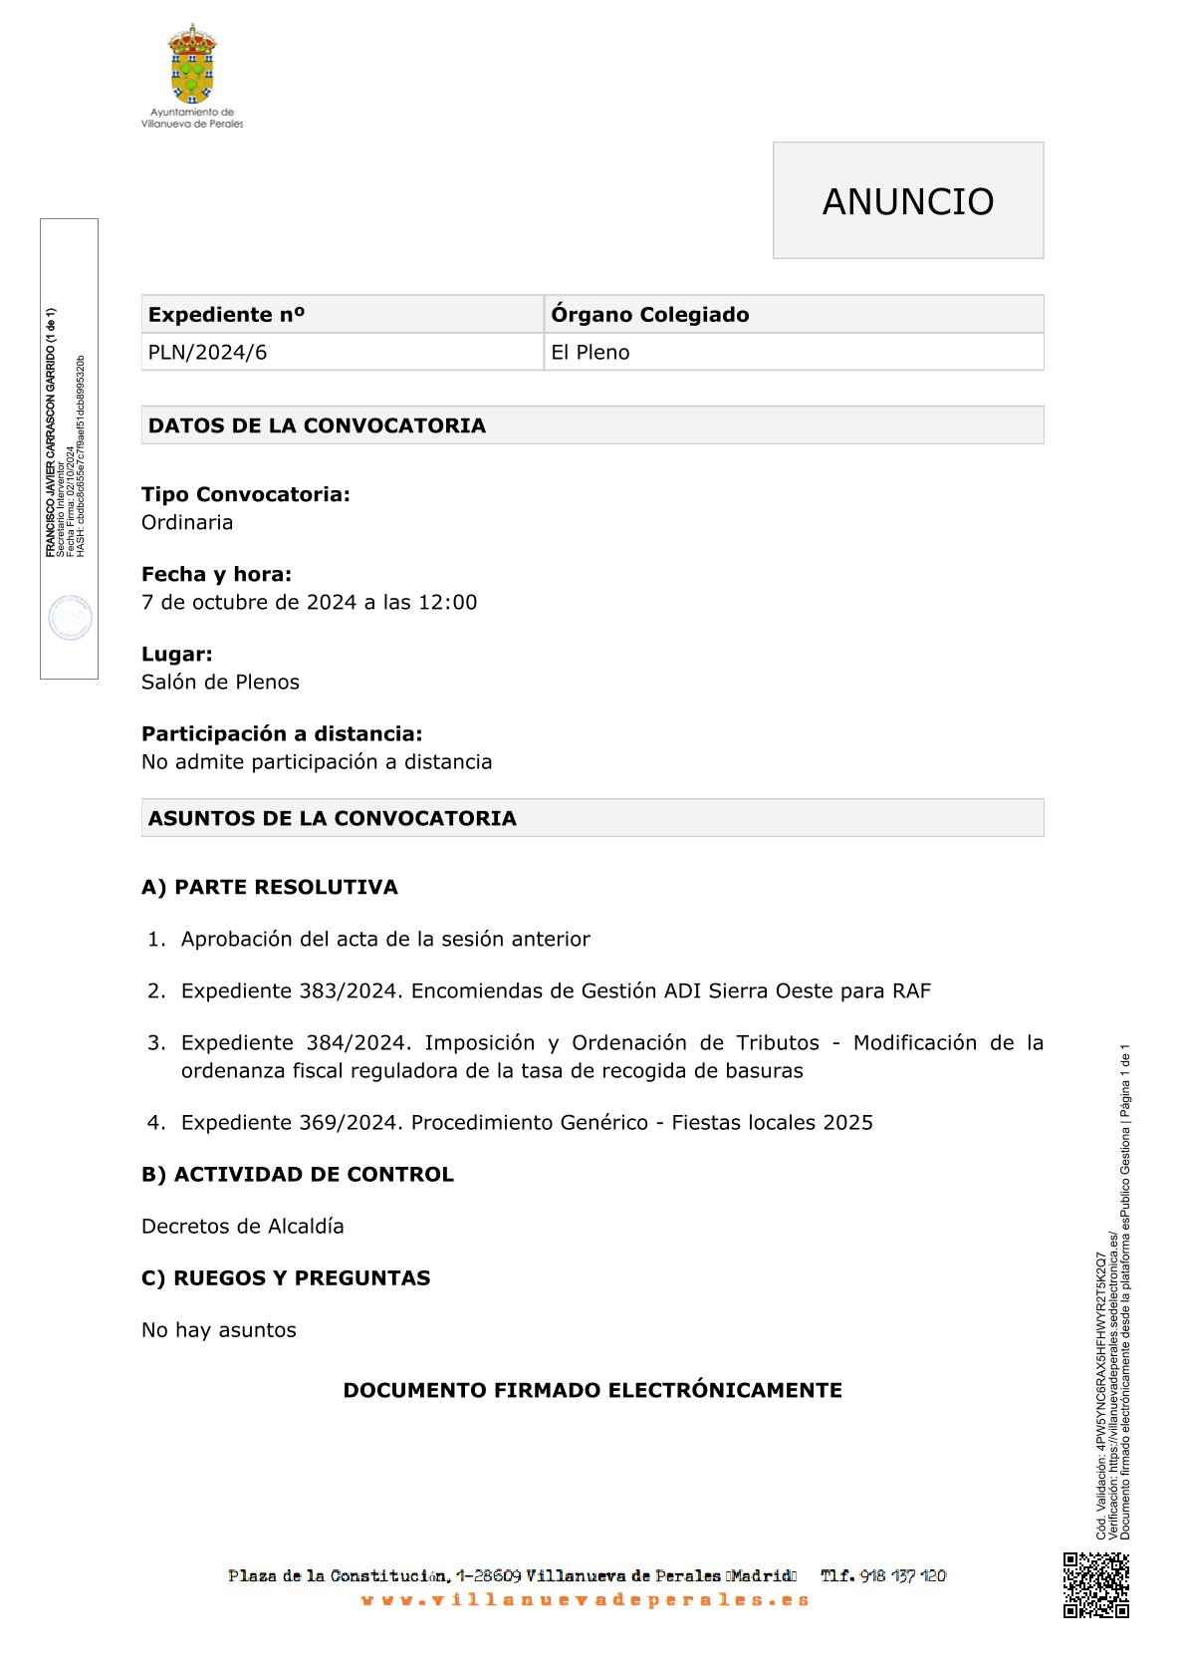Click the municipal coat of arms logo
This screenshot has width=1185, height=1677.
[192, 65]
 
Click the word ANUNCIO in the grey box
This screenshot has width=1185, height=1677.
[907, 201]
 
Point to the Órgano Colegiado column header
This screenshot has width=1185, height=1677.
[649, 315]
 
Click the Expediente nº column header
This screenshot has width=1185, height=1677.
[226, 315]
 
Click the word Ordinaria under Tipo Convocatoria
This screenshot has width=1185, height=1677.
[187, 523]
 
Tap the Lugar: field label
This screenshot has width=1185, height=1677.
[177, 655]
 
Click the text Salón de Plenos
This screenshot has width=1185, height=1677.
[220, 683]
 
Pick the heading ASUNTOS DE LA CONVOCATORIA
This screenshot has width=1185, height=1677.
[333, 819]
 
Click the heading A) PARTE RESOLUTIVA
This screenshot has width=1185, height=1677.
[270, 888]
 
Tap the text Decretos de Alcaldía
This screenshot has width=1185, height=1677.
[243, 1227]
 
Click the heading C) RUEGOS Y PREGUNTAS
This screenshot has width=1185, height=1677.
[286, 1278]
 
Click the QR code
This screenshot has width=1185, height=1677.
[1095, 1584]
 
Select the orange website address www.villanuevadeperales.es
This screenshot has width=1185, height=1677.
[586, 1600]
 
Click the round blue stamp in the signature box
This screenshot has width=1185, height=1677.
[70, 618]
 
